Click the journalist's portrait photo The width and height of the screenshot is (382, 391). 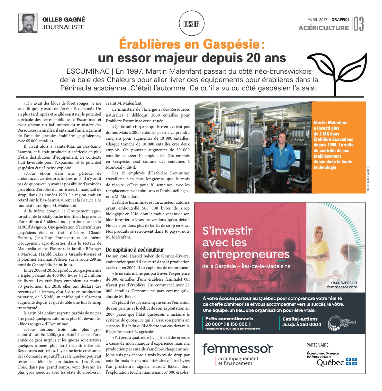[x=28, y=23]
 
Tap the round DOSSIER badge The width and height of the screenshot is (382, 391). [x=191, y=23]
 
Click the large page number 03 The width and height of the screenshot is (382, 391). [x=359, y=24]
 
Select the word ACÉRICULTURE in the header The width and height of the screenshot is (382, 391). [x=323, y=28]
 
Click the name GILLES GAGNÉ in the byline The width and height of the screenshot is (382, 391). [x=64, y=20]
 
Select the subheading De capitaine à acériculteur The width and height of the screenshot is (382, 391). [x=135, y=250]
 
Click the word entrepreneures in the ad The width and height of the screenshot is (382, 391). [x=246, y=255]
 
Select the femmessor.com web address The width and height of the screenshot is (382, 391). [x=342, y=287]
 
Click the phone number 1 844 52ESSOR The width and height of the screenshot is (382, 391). [x=343, y=283]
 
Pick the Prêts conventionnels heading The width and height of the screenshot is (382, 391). [x=229, y=319]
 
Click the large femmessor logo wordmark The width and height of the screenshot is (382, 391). [x=237, y=349]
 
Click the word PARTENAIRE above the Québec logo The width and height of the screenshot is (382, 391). [x=317, y=345]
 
